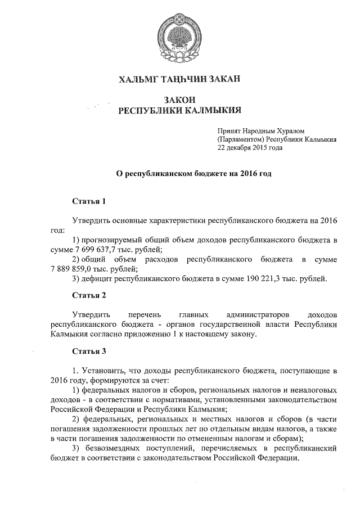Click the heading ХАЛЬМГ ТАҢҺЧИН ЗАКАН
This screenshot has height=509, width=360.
point(179,80)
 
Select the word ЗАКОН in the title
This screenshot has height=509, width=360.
point(179,100)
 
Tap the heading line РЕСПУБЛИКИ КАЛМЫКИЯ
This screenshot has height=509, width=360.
point(179,110)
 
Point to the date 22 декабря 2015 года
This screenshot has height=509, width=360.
point(247,148)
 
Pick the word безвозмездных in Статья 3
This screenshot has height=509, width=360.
point(120,448)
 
